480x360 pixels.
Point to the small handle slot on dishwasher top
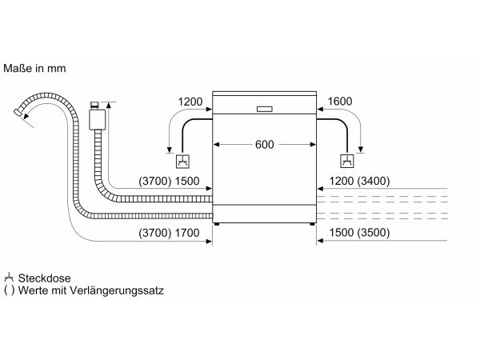click(x=265, y=109)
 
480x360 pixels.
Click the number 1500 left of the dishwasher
click(x=186, y=182)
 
